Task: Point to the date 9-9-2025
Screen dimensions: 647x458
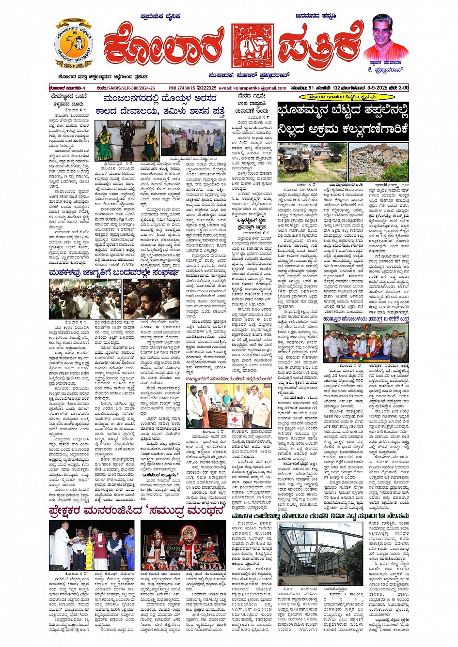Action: (x=367, y=88)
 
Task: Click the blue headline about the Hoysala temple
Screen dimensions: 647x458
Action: (x=164, y=105)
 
